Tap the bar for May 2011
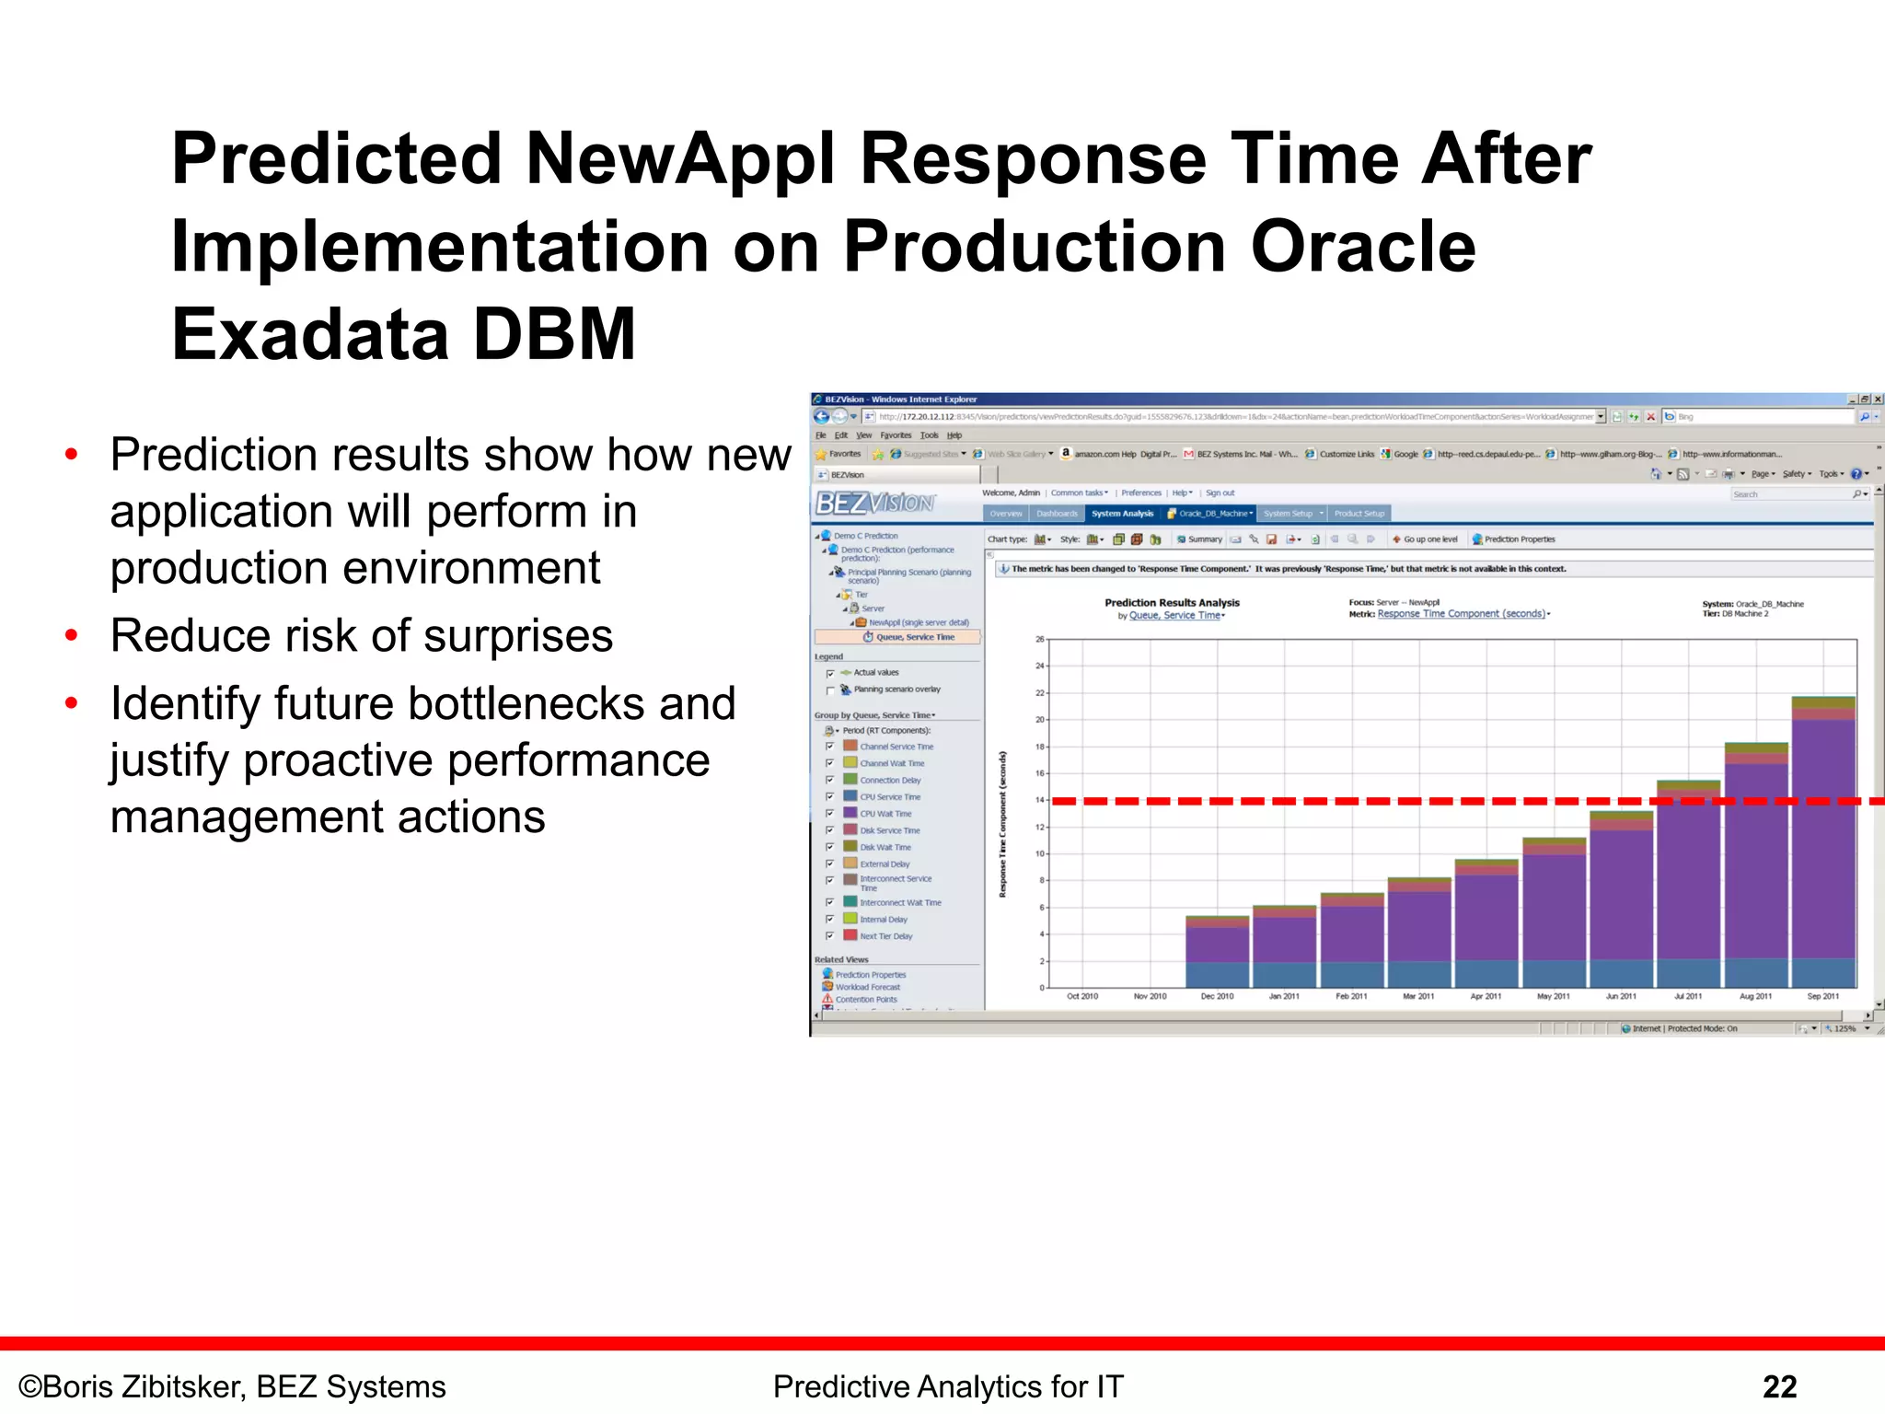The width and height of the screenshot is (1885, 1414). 1554,912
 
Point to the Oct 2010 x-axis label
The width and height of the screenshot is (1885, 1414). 1082,996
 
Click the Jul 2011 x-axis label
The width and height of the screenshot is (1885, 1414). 1688,996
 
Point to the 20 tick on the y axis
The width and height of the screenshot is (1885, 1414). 1040,720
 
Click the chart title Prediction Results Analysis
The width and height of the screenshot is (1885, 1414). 1172,603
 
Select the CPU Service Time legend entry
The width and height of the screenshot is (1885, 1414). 889,797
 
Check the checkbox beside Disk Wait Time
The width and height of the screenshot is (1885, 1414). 830,847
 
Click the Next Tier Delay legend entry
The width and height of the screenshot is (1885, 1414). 885,936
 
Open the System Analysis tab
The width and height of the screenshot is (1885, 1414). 1122,514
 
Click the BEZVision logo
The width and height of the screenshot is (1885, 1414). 874,503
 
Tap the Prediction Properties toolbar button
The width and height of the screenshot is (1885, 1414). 1519,539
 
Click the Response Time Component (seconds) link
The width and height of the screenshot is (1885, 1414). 1461,614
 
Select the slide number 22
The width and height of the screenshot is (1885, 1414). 1779,1386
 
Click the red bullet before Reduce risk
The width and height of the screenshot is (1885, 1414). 71,635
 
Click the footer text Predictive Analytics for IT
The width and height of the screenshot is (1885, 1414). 948,1386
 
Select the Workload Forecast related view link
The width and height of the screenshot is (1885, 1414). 867,987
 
